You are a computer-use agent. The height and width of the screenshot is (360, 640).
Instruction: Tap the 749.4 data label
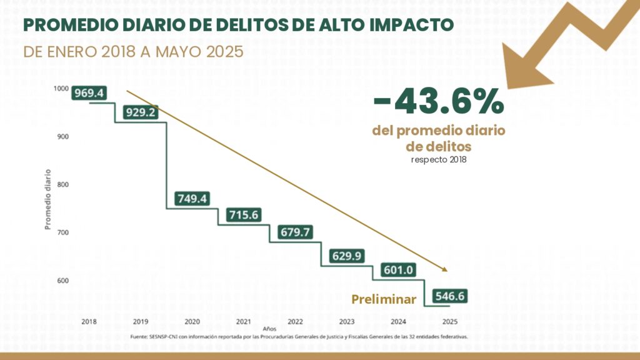tap(192, 199)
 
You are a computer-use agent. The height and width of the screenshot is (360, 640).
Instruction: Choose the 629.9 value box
tap(347, 256)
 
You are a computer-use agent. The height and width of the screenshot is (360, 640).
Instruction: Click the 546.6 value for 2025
tap(450, 296)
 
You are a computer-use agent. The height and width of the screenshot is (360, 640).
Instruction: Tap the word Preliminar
tap(384, 299)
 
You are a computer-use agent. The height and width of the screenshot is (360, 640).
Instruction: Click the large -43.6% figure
tap(438, 102)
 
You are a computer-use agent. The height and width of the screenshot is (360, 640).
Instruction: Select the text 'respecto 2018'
tap(438, 159)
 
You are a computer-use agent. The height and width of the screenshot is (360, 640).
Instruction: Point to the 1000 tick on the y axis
tap(61, 89)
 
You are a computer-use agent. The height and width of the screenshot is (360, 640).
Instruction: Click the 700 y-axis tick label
tap(62, 232)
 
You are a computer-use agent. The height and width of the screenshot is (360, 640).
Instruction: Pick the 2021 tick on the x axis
tap(244, 321)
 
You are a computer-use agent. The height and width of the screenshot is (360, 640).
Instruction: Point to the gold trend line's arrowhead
tap(446, 270)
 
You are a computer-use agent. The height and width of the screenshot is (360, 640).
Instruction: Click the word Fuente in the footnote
tap(139, 337)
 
